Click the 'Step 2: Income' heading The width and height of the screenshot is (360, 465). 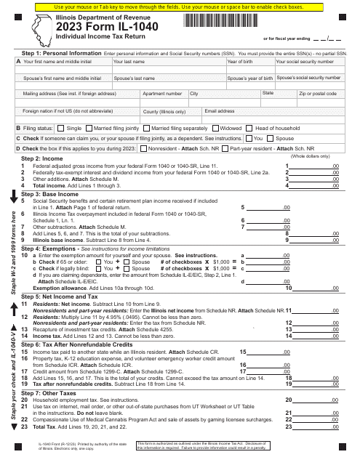coord(41,158)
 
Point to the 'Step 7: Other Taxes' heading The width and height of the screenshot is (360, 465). coord(49,392)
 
